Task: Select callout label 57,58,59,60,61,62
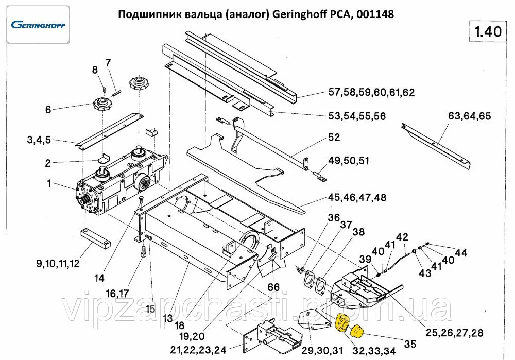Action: tap(371, 93)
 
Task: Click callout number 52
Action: tap(335, 138)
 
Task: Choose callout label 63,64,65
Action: tap(469, 116)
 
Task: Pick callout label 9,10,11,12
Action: tap(58, 265)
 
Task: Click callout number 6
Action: tap(48, 109)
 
